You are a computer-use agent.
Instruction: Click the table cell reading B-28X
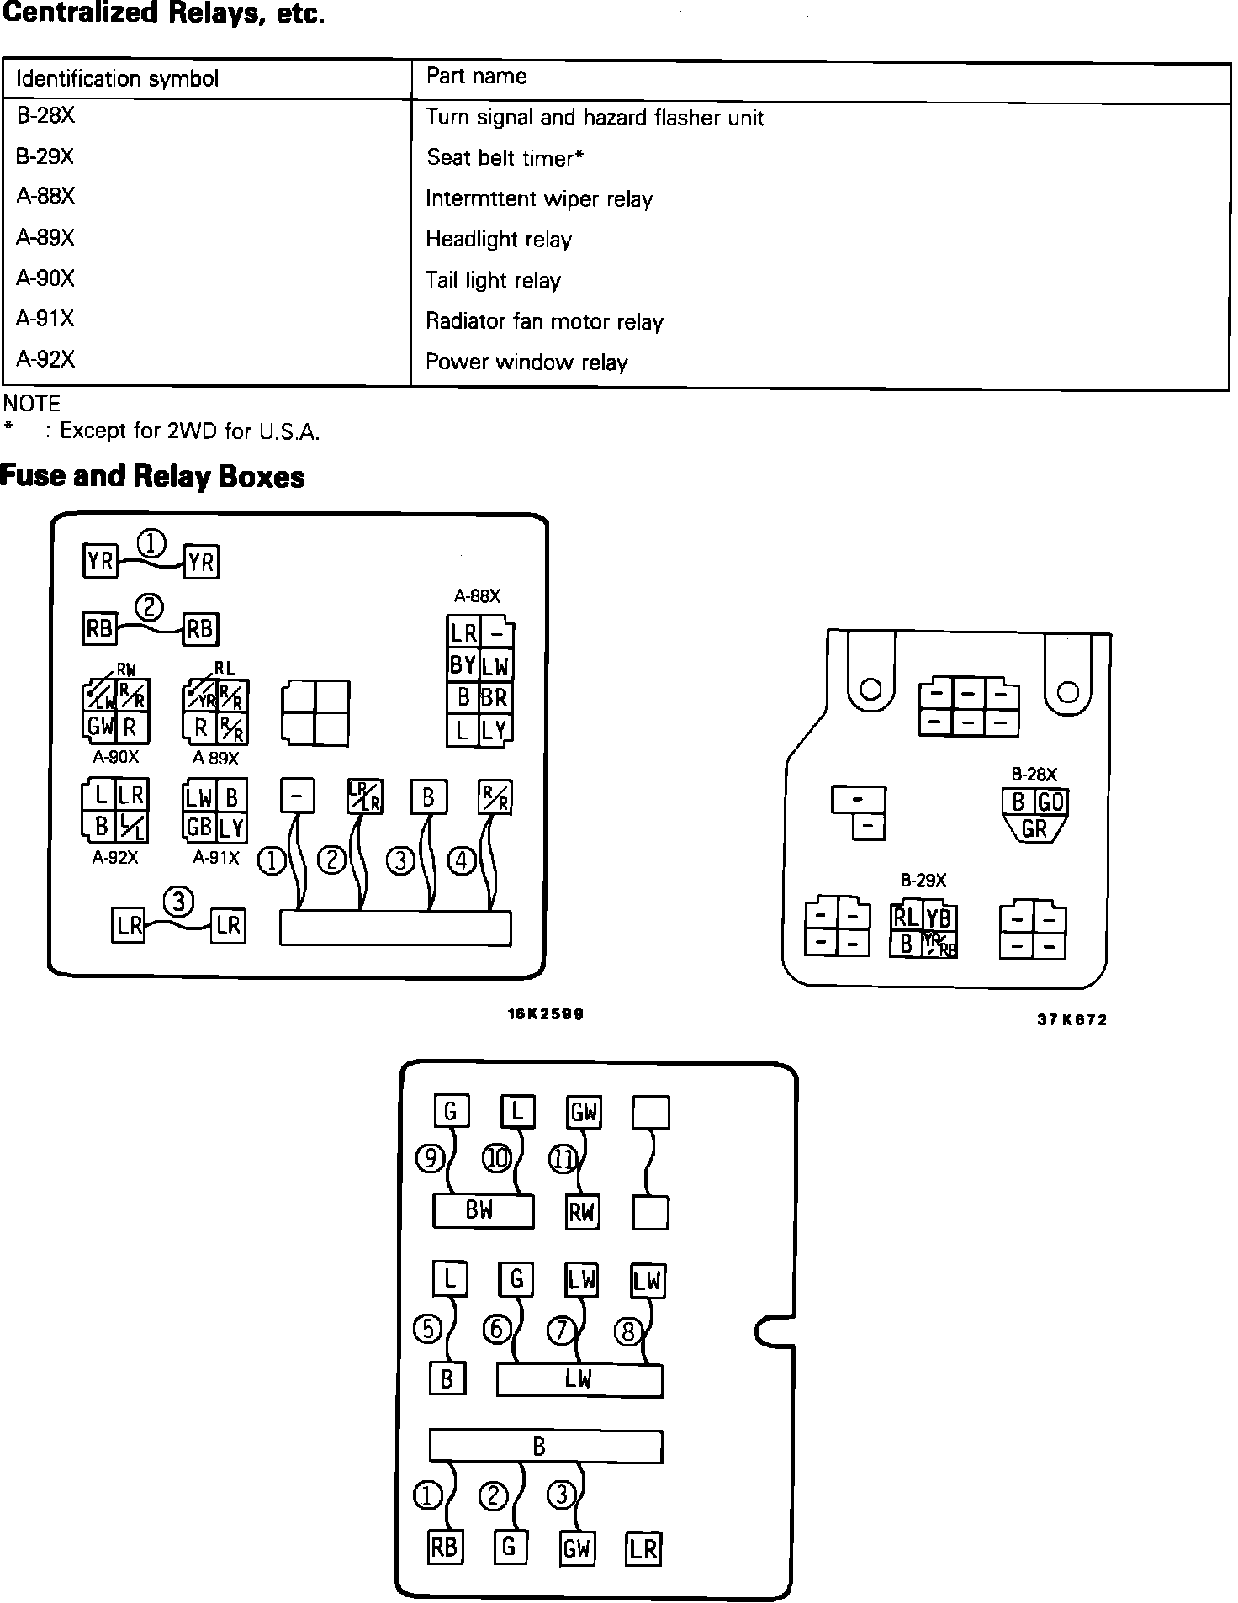click(x=45, y=116)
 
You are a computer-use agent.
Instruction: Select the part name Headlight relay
click(x=498, y=240)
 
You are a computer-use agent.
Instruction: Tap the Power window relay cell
click(x=526, y=362)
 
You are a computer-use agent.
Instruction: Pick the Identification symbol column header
click(x=117, y=79)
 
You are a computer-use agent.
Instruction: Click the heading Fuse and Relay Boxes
click(x=152, y=477)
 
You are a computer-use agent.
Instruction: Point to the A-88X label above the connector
click(x=477, y=596)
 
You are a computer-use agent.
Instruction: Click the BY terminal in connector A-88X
click(x=463, y=665)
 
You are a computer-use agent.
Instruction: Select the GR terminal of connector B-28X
click(x=1034, y=829)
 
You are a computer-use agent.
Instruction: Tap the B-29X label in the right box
click(x=923, y=881)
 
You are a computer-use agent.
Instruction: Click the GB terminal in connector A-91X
click(x=199, y=827)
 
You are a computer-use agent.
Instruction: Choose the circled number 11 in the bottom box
click(x=563, y=1160)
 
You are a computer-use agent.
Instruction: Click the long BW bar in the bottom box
click(x=482, y=1211)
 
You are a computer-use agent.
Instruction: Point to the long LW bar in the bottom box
click(x=579, y=1379)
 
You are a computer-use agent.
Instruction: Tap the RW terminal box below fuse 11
click(x=582, y=1212)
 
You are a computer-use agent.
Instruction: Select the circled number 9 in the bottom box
click(x=430, y=1159)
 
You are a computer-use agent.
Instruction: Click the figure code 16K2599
click(x=545, y=1013)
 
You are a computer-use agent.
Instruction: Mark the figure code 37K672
click(x=1071, y=1020)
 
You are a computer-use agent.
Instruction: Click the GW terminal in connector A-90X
click(x=100, y=727)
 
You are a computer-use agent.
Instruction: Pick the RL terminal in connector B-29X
click(x=906, y=918)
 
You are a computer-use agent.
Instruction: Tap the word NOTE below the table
click(x=32, y=404)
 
